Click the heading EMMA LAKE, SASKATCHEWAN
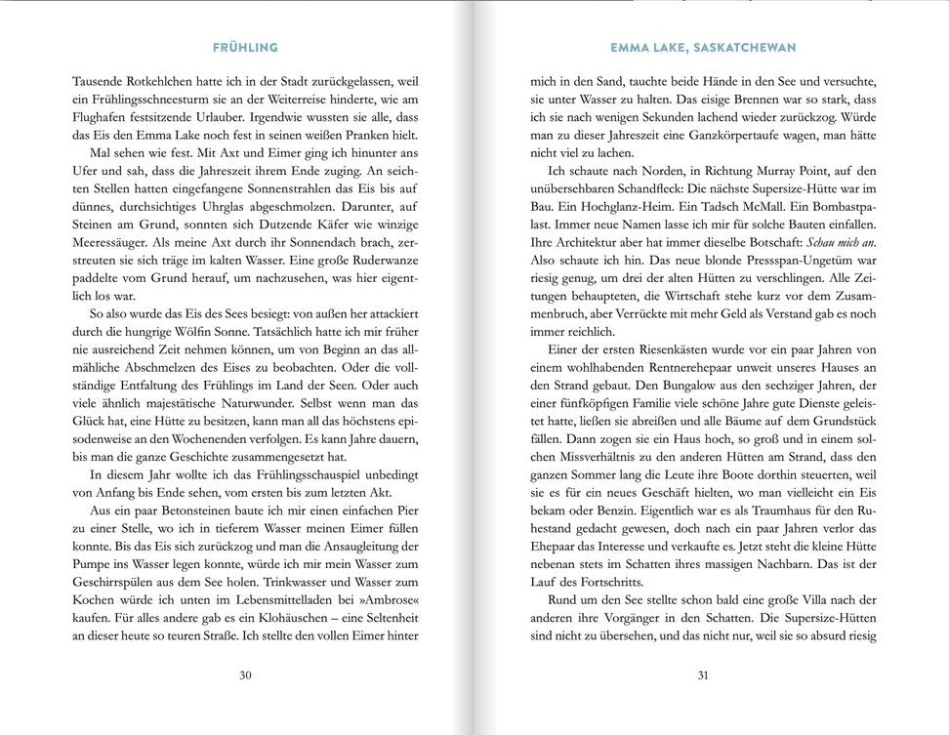click(x=702, y=46)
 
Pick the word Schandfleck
click(x=657, y=193)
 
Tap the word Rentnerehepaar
click(x=668, y=370)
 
